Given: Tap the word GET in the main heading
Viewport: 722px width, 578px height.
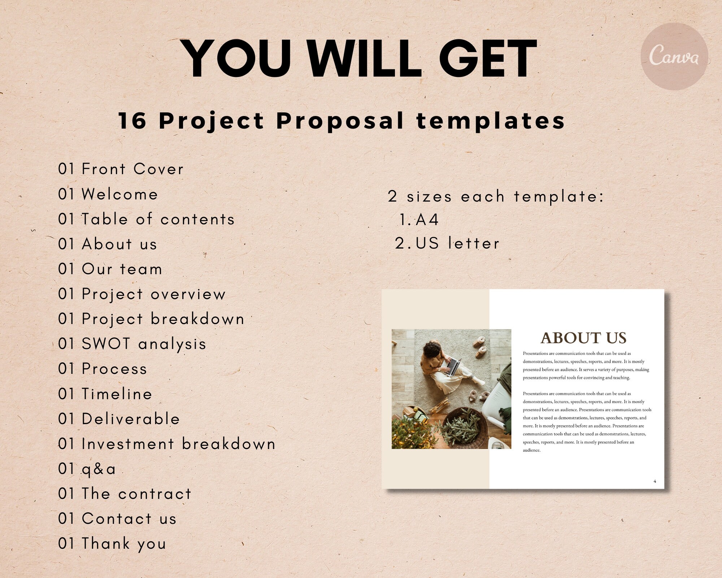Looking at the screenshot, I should click(x=488, y=59).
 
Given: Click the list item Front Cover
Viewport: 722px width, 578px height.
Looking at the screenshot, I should click(x=121, y=169).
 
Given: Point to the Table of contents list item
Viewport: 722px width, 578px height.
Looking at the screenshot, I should click(x=146, y=219).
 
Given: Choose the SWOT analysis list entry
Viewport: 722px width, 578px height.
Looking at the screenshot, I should click(x=132, y=344).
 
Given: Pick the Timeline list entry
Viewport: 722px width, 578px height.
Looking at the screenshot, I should click(x=105, y=394).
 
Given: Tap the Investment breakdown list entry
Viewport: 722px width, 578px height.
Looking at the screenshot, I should click(x=166, y=444).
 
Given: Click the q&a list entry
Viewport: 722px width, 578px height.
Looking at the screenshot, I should click(x=87, y=469).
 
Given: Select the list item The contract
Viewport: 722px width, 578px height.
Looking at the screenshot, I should click(x=125, y=494).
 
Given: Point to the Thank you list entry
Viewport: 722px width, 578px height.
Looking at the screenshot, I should click(x=112, y=544).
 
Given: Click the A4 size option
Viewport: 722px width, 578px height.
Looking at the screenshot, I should click(x=427, y=220).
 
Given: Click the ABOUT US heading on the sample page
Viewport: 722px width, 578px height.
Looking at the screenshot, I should click(x=583, y=338).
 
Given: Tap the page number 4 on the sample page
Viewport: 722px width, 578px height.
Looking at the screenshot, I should click(x=654, y=481).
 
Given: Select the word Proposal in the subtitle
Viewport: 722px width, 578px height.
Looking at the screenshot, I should click(x=340, y=121).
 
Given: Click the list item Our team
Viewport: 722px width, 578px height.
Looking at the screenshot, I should click(x=110, y=269).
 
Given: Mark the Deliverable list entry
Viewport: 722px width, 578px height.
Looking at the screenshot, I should click(x=119, y=419).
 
